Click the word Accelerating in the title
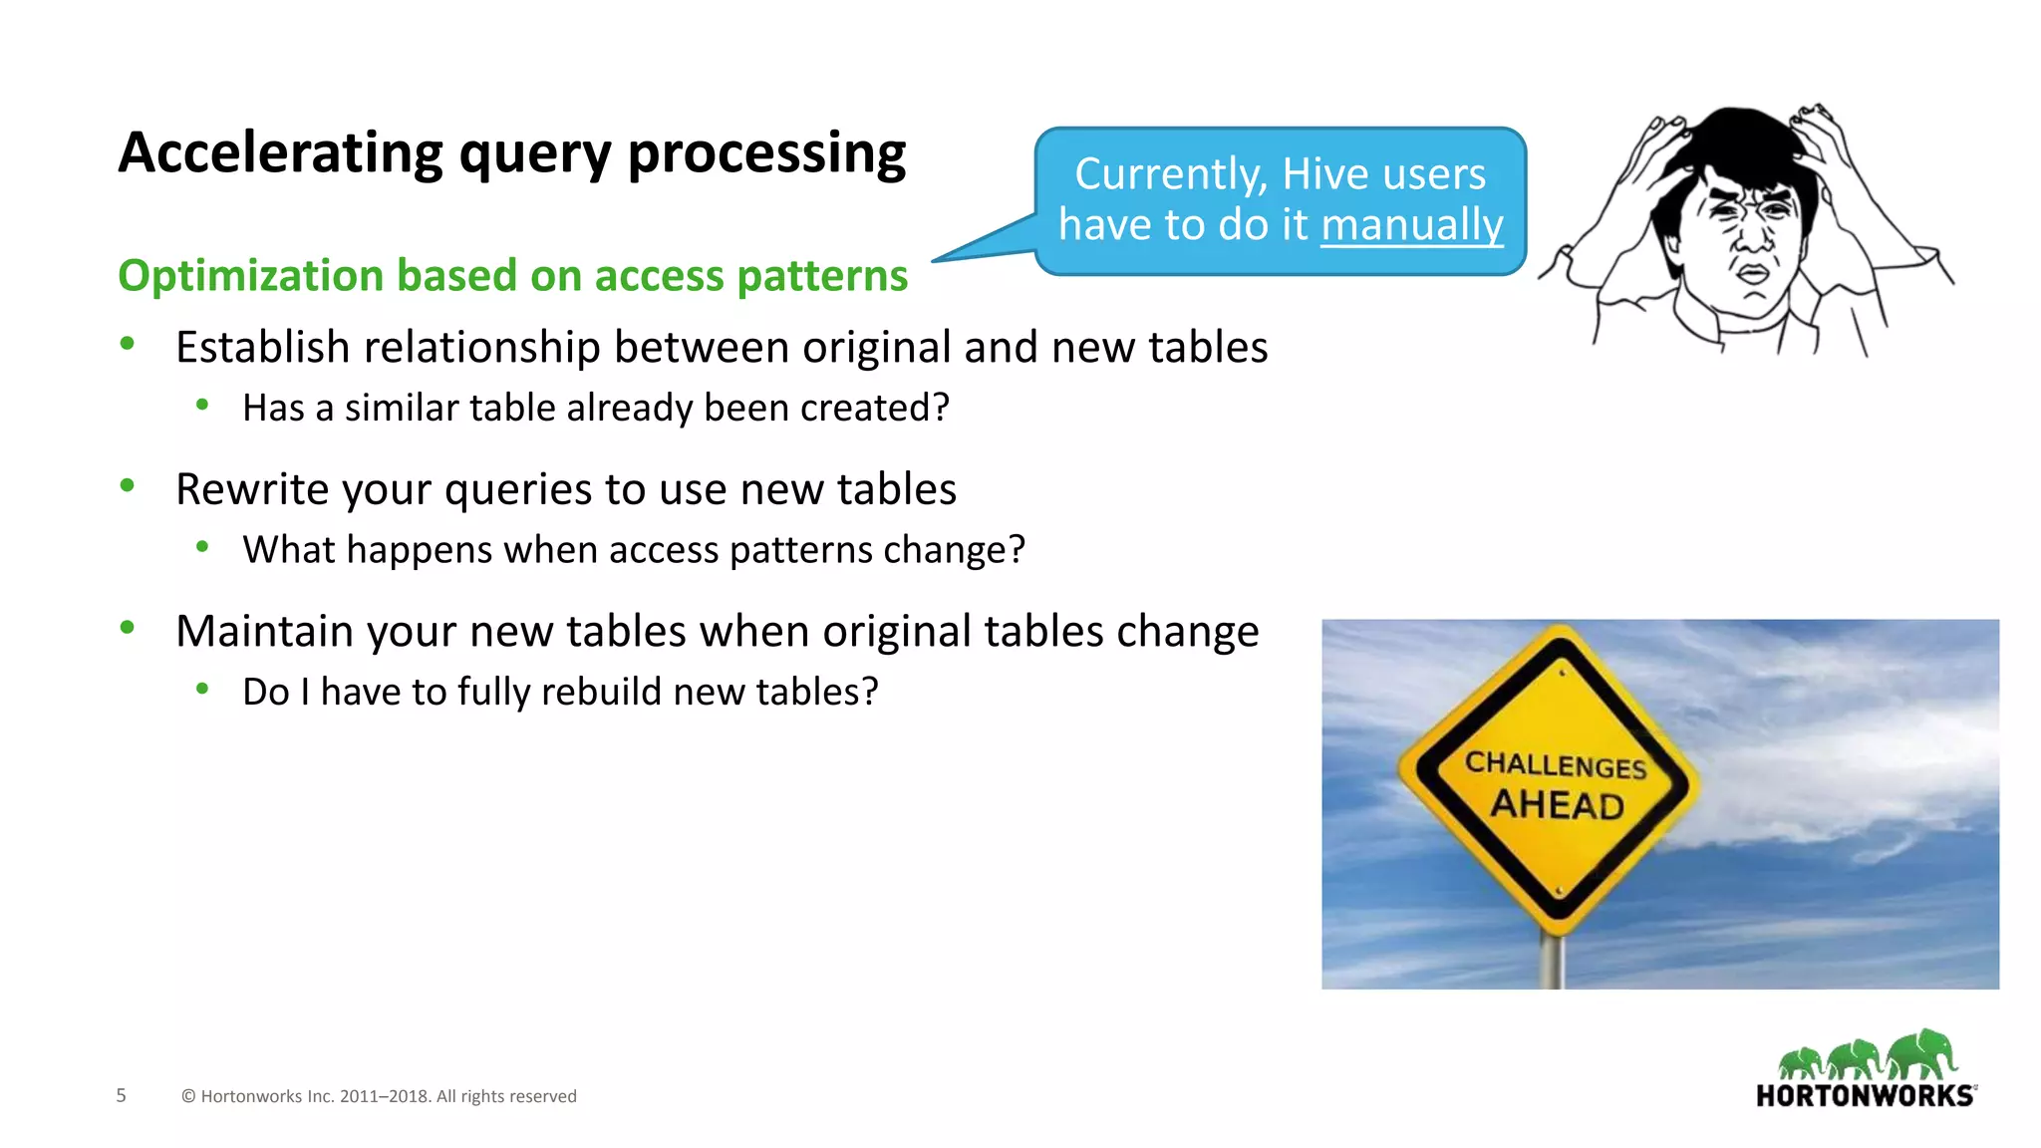pyautogui.click(x=280, y=153)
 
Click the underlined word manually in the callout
pyautogui.click(x=1411, y=225)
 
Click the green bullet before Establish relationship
pyautogui.click(x=127, y=344)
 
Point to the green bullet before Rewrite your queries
pyautogui.click(x=127, y=486)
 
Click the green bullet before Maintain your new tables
pyautogui.click(x=127, y=628)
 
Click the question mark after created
pyautogui.click(x=940, y=408)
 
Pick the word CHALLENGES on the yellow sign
pyautogui.click(x=1555, y=764)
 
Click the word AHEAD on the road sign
pyautogui.click(x=1557, y=804)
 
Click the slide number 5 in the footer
pyautogui.click(x=122, y=1095)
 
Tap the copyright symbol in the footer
pyautogui.click(x=188, y=1096)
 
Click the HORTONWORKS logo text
pyautogui.click(x=1864, y=1096)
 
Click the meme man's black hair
pyautogui.click(x=1739, y=140)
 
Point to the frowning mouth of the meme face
pyautogui.click(x=1754, y=274)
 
